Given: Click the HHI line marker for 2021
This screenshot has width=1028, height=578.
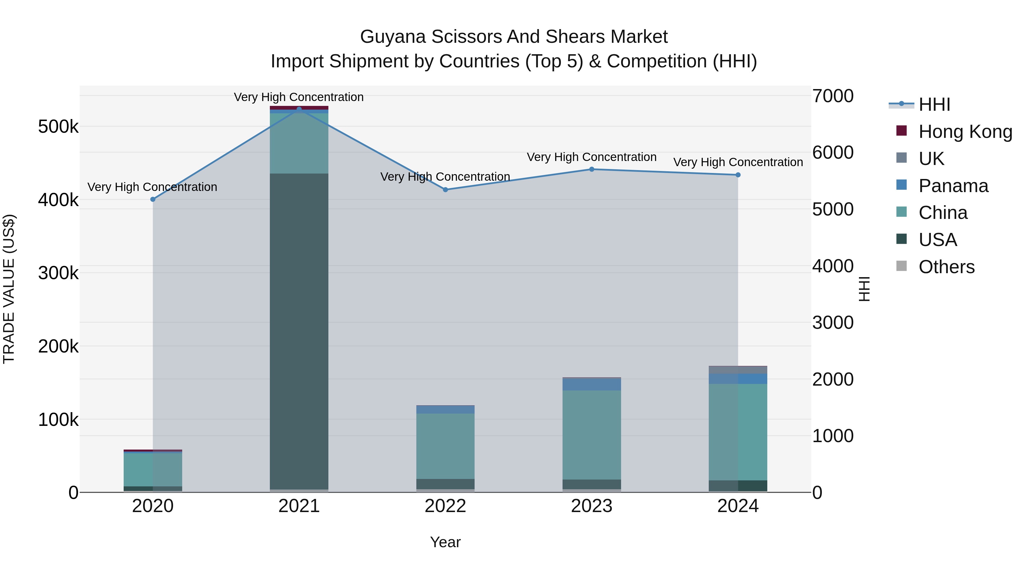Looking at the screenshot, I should [299, 109].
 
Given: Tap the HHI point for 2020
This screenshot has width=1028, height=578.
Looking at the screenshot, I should [153, 199].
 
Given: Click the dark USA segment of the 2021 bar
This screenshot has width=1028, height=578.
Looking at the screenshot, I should [299, 331].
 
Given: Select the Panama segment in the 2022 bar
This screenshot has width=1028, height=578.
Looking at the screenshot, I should [445, 410].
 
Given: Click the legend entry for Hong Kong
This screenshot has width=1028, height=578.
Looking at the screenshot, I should [965, 132].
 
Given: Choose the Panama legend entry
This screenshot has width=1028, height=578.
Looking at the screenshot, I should [953, 186].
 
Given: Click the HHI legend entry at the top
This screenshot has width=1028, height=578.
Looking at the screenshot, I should [934, 104].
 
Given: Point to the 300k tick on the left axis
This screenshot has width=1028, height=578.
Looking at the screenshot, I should [58, 273].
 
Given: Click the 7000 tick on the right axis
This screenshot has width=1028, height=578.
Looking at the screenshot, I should [833, 96].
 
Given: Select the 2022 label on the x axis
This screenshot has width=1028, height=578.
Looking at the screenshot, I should [445, 506].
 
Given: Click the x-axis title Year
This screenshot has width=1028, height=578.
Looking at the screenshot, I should [445, 542].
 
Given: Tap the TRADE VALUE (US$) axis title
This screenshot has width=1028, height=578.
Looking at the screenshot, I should [9, 289].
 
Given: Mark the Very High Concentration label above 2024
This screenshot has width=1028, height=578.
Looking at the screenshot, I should [738, 162].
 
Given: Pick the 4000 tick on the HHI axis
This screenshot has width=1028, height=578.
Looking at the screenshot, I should [833, 266].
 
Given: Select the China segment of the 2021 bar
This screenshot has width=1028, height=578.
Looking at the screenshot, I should [299, 143].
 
